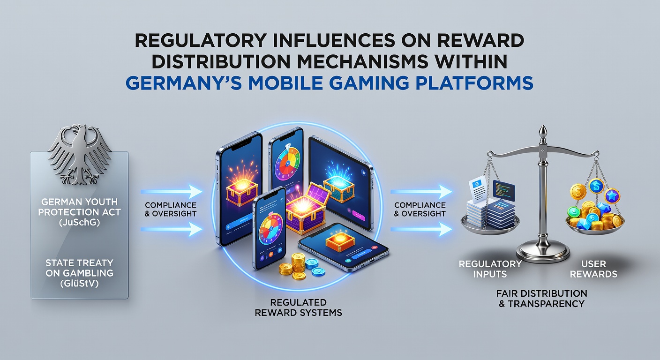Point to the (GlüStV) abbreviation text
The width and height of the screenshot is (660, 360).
(x=80, y=284)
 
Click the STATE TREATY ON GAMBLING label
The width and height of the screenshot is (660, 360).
(x=80, y=268)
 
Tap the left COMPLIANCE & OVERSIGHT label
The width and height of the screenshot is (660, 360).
(x=171, y=209)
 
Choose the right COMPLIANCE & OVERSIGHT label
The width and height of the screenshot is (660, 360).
(x=420, y=209)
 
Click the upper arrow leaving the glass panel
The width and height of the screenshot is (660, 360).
(x=171, y=192)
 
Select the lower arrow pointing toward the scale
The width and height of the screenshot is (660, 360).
(x=421, y=229)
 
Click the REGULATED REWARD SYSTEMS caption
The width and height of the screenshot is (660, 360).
(x=298, y=307)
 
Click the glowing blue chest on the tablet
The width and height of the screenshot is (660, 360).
(x=338, y=184)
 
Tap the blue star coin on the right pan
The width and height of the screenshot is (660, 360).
(x=612, y=195)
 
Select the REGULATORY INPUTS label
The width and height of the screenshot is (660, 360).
(x=490, y=269)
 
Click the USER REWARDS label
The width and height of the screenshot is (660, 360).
(x=593, y=269)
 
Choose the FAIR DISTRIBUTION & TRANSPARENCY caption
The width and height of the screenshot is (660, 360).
(x=541, y=299)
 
